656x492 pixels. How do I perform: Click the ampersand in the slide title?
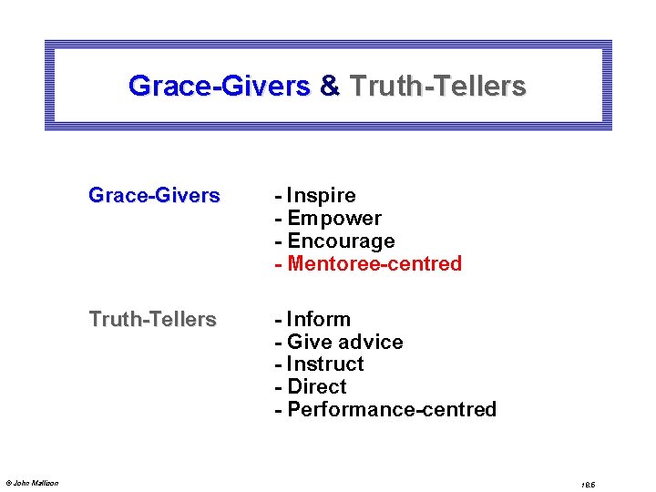330,87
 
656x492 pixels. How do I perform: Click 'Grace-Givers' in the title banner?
220,87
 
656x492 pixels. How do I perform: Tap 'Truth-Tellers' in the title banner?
437,87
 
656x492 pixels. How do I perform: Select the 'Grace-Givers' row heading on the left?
154,196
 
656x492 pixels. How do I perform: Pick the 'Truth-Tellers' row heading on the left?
152,320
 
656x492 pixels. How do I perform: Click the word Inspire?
321,196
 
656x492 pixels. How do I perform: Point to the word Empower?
333,219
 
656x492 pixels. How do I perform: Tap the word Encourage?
341,241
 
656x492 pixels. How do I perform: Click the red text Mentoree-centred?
374,264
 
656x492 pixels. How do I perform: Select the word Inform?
318,320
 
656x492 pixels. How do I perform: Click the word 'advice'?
371,343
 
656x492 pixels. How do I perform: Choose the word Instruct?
325,364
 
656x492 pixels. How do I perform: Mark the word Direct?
316,387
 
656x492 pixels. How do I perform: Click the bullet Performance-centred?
392,410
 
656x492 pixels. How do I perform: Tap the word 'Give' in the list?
307,343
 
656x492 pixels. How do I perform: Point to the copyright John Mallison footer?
32,483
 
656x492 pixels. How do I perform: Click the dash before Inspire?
278,196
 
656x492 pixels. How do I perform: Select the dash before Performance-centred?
278,410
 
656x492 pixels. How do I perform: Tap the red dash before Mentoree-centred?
278,264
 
